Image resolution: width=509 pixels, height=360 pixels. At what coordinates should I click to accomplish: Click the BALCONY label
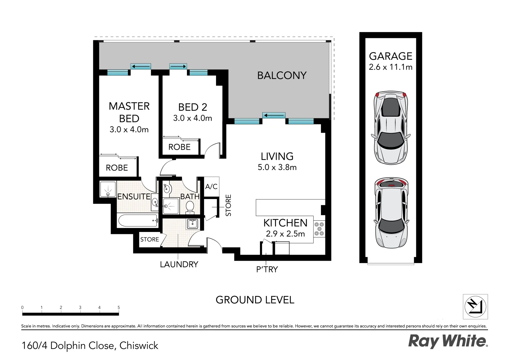tap(282, 76)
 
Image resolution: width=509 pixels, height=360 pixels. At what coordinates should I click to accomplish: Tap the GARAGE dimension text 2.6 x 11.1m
tap(390, 67)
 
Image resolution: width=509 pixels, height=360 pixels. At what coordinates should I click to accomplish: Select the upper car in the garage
tap(390, 128)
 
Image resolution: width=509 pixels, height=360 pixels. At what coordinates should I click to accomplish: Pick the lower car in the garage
tap(390, 213)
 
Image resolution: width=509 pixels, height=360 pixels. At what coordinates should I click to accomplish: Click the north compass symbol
tap(475, 307)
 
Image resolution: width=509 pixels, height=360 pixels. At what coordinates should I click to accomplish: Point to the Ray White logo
tap(448, 341)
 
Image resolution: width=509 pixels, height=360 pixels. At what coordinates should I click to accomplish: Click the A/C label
tap(211, 187)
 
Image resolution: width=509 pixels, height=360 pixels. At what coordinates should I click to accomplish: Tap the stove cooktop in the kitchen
tap(319, 229)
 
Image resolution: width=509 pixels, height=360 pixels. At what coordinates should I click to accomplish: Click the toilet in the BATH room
tap(190, 207)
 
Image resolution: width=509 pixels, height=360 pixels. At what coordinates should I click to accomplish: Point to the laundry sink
tap(193, 224)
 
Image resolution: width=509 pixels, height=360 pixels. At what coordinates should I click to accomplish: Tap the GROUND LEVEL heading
tap(255, 300)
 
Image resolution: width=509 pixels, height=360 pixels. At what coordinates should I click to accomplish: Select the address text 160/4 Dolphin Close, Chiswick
tap(90, 346)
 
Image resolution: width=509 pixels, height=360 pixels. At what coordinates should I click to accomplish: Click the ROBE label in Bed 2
tap(179, 147)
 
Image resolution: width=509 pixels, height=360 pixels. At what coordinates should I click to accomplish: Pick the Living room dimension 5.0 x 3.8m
tap(277, 167)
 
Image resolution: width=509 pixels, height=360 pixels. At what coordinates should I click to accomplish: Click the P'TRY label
tap(267, 269)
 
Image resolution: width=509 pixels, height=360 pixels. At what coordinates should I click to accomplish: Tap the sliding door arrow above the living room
tap(274, 116)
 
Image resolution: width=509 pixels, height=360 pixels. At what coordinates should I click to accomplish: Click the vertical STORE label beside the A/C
tap(228, 205)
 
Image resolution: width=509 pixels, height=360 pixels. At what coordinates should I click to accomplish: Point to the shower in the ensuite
tap(108, 189)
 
